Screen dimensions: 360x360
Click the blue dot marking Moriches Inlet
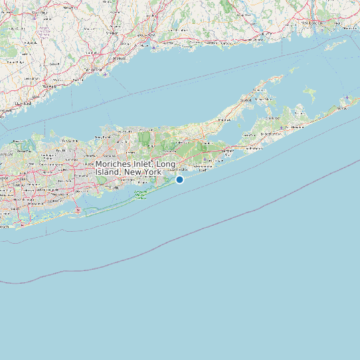tap(179, 179)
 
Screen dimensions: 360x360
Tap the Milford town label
tap(120, 58)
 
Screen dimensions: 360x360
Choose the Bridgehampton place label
tap(271, 134)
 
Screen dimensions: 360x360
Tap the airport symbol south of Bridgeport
tap(106, 74)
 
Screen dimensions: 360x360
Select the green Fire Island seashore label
tap(140, 195)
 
